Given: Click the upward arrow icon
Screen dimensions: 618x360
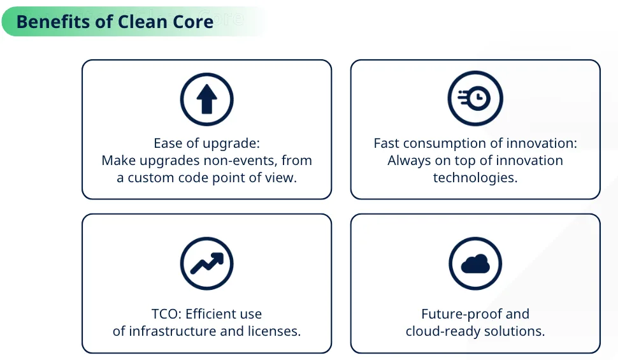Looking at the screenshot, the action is [206, 99].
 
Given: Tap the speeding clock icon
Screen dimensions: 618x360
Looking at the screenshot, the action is [475, 98].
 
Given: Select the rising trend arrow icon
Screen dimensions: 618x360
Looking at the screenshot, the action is [206, 263].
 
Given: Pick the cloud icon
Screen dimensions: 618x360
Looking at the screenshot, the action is [475, 263].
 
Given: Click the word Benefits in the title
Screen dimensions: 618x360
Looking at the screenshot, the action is [54, 21].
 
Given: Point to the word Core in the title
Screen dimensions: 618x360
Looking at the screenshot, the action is [193, 21].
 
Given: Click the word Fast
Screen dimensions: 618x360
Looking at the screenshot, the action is [386, 143].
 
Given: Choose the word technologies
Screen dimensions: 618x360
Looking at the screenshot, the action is [475, 178].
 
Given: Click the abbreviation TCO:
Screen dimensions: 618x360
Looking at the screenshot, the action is [166, 314].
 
